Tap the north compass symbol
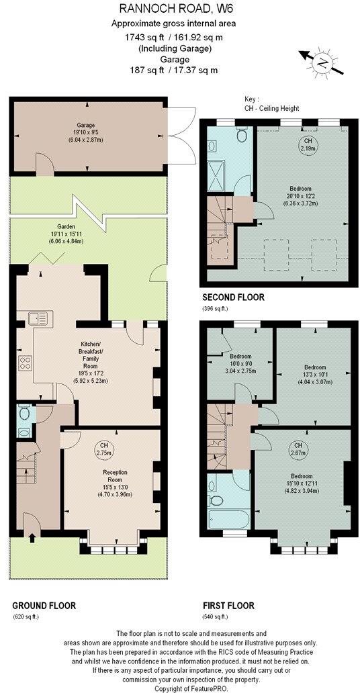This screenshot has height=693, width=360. click(323, 64)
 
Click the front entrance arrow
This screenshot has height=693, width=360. click(32, 536)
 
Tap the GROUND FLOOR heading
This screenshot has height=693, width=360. click(44, 605)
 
